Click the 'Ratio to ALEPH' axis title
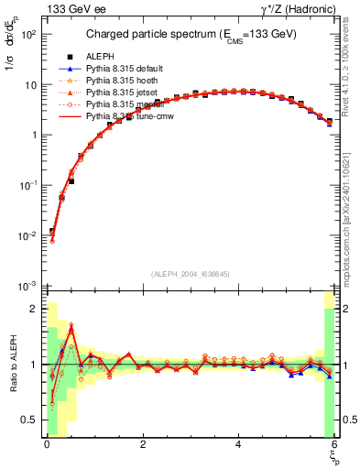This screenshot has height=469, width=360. point(12,365)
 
